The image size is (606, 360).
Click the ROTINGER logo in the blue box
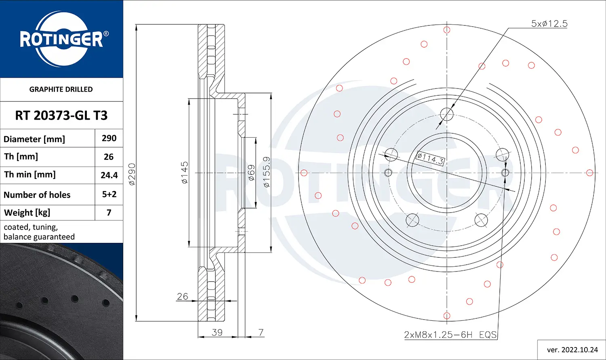point(61,39)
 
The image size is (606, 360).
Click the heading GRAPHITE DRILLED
point(61,89)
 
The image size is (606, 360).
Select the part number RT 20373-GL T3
point(61,116)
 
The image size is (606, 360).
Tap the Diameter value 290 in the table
point(109,138)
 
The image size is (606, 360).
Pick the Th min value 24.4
point(109,175)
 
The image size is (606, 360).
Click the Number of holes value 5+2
point(109,194)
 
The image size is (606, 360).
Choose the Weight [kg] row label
point(27,213)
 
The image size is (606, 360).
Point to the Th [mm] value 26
point(109,157)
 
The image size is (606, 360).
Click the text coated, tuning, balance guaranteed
point(39,232)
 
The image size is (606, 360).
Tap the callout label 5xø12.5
point(549,24)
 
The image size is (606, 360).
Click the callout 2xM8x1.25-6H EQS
point(450,335)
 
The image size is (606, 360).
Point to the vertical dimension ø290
point(132,174)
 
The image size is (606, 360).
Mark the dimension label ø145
point(184,173)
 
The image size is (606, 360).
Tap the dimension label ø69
point(251,173)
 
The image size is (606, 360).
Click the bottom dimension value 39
point(217,332)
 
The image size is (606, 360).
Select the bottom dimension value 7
point(261,332)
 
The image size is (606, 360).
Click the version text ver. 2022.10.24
point(572,349)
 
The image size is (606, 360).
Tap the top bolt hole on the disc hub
point(447,114)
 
